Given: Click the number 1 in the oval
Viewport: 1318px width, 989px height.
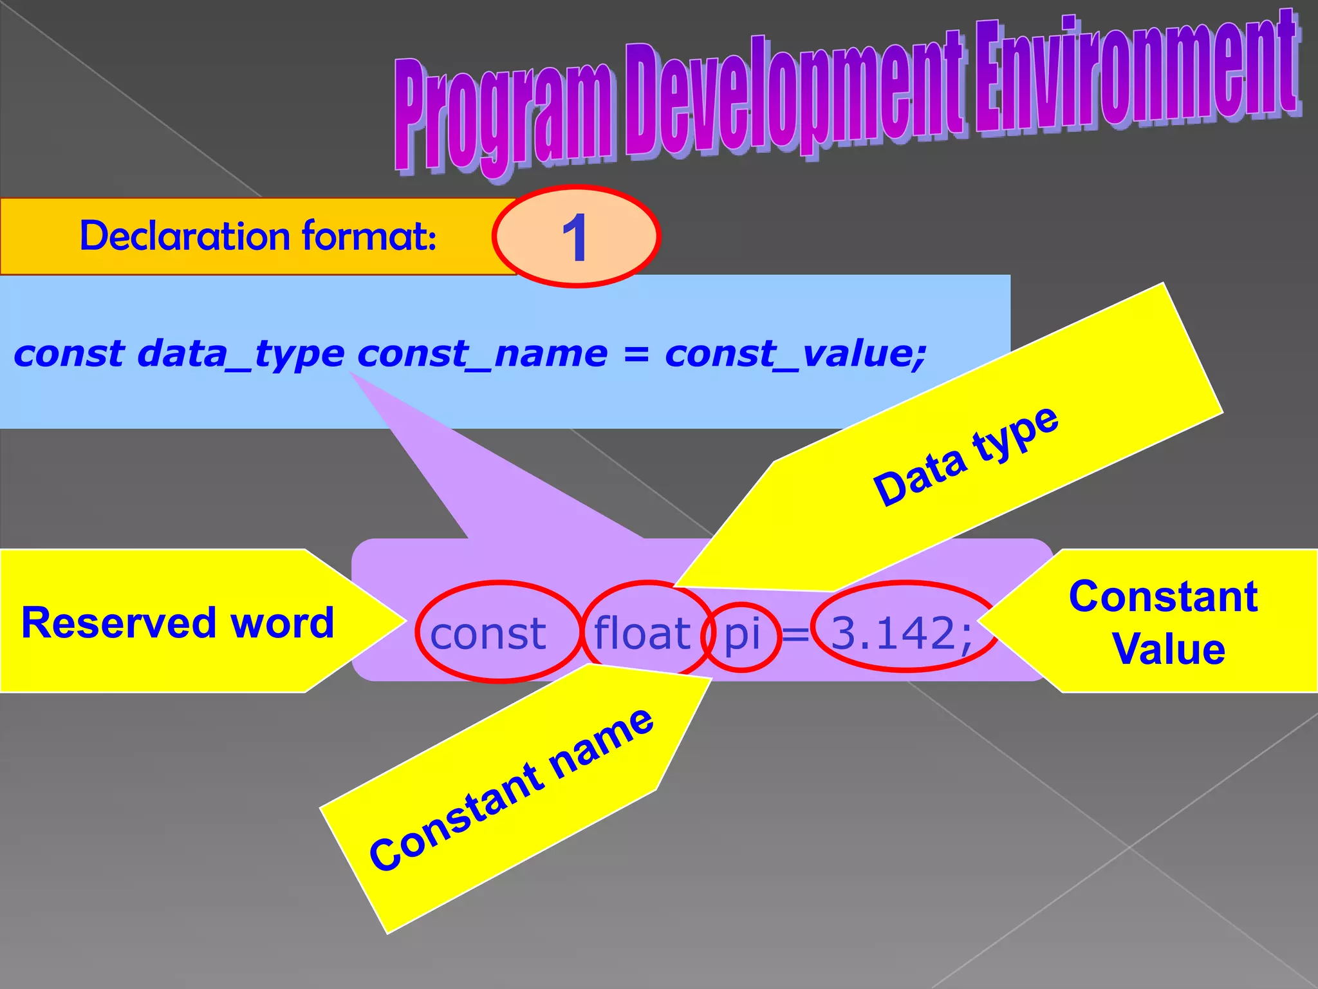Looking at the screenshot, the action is click(x=575, y=238).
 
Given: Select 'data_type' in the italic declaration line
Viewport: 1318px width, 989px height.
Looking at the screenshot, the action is click(x=241, y=355).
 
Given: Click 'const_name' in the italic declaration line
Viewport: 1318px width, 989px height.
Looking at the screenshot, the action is click(x=482, y=355).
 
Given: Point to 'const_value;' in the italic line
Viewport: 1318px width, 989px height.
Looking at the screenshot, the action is click(x=795, y=355).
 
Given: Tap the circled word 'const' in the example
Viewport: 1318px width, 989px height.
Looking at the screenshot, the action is click(x=488, y=634).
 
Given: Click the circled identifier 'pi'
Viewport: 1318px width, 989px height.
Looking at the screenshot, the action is click(x=742, y=634).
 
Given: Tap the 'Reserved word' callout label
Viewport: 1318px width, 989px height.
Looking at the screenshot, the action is click(x=178, y=623).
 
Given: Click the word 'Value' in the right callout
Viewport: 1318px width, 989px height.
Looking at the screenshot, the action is click(x=1169, y=649).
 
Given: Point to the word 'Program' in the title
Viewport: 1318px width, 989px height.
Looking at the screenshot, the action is click(x=502, y=116).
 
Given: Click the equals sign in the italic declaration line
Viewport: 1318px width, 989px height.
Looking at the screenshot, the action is click(x=636, y=355).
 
